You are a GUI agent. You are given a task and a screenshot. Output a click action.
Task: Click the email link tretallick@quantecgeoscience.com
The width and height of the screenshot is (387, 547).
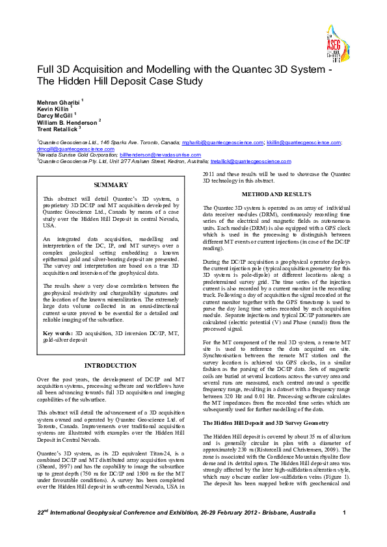pos(250,161)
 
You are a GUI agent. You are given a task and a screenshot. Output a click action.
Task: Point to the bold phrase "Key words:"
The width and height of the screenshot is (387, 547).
pos(57,332)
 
